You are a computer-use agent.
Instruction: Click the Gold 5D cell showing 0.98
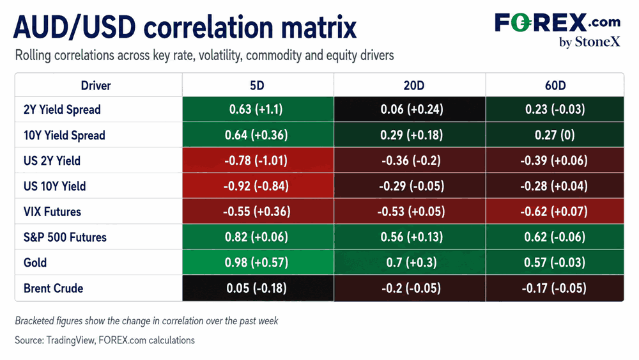pos(258,262)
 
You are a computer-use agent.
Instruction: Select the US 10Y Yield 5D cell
pos(258,186)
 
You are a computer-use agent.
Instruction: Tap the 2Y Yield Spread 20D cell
pos(410,109)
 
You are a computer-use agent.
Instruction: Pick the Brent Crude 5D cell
pos(258,288)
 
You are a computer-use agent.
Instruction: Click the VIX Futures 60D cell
pos(555,211)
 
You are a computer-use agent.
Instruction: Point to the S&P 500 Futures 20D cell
pos(410,237)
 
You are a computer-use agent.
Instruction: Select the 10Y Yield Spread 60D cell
pos(555,135)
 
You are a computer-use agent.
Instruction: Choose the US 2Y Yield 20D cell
pos(410,160)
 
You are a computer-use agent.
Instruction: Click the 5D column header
pos(257,86)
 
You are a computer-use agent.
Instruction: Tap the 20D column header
pos(413,86)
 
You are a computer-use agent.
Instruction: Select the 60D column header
pos(555,86)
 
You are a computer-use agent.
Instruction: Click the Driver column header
pos(96,86)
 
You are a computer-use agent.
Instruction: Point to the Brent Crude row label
pos(54,288)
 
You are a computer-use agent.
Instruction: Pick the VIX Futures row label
pos(52,212)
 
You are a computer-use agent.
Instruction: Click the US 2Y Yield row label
pos(52,160)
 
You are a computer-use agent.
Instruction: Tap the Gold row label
pos(35,263)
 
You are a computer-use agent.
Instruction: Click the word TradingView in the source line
pos(70,340)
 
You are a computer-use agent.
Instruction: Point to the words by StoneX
pos(590,42)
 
